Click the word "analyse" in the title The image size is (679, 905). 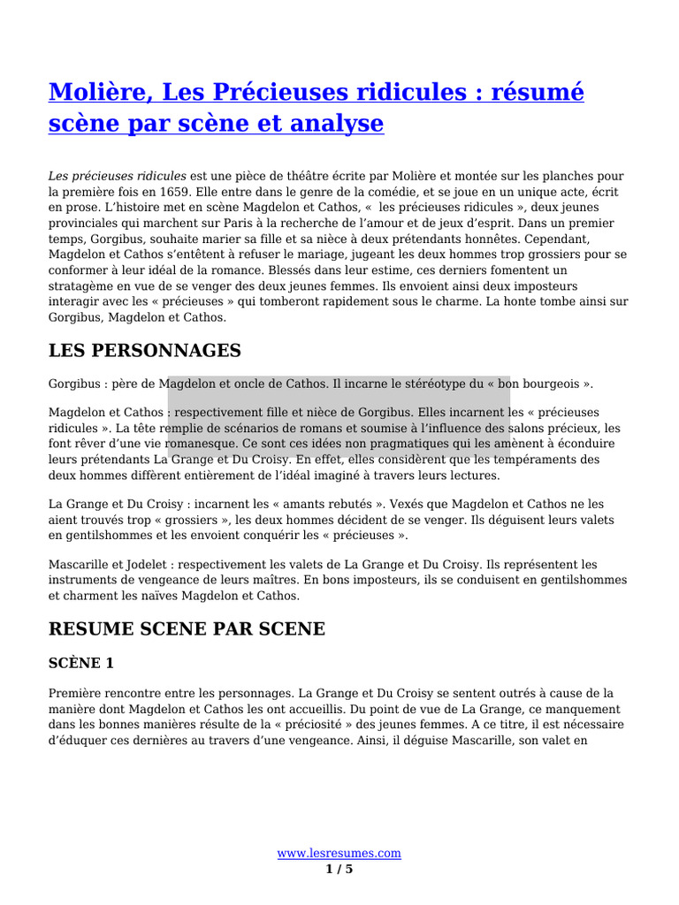tap(339, 124)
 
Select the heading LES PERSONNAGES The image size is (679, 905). tap(144, 351)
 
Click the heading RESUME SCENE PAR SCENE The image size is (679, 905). tap(187, 629)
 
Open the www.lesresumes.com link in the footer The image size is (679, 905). tap(339, 853)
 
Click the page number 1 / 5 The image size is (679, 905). tap(339, 870)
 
